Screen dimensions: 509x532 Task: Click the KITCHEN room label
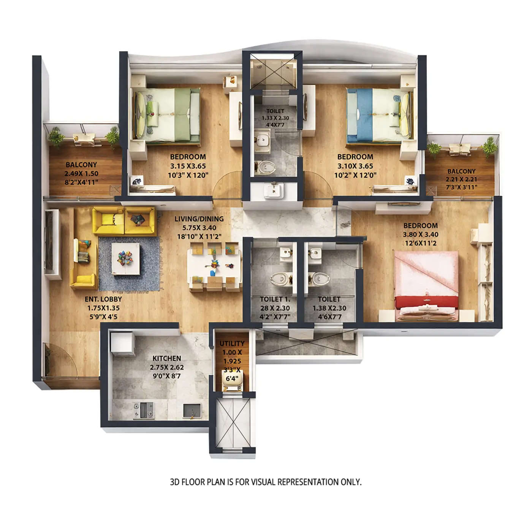click(167, 358)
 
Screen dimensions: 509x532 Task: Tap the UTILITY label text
click(232, 344)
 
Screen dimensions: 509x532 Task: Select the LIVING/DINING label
click(199, 219)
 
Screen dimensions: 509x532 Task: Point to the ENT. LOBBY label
click(103, 299)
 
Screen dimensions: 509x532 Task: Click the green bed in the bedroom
click(167, 116)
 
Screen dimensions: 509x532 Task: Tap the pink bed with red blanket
click(426, 285)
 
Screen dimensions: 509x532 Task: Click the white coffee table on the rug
click(125, 259)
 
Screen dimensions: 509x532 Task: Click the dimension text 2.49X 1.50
click(81, 173)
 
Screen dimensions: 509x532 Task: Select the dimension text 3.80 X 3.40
click(420, 234)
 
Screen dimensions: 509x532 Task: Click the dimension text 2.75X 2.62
click(167, 367)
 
